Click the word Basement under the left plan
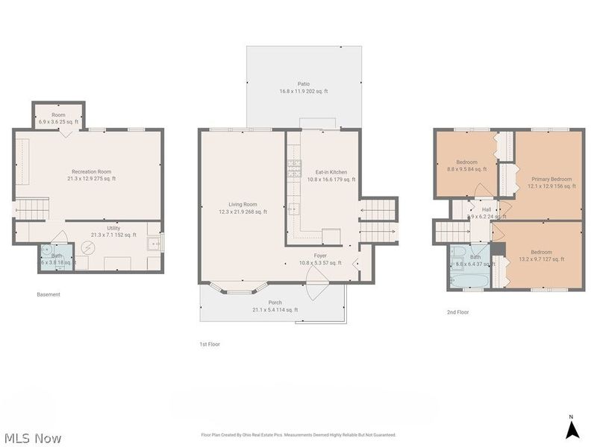[49, 294]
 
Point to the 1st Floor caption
[210, 344]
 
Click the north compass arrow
[572, 429]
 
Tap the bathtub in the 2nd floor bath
[466, 279]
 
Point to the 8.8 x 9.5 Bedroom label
[466, 165]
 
